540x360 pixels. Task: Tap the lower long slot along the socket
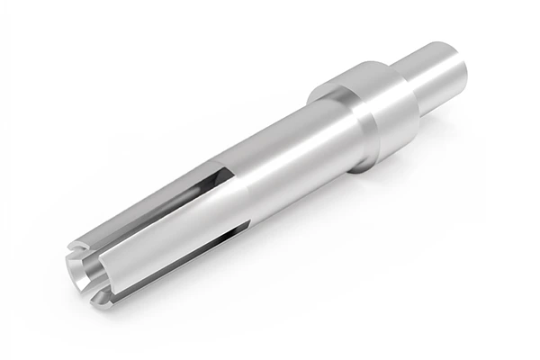pyautogui.click(x=180, y=252)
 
